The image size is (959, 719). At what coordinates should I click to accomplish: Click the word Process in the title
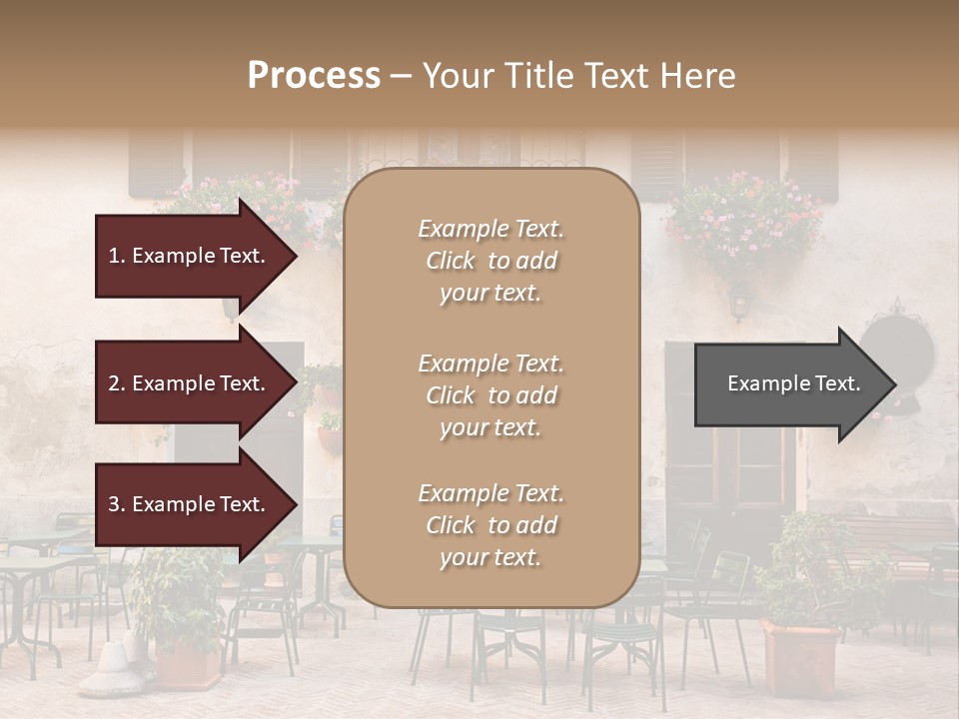pos(314,76)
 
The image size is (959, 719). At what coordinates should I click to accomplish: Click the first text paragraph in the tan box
pos(490,261)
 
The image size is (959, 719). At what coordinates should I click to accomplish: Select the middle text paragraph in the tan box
pos(490,395)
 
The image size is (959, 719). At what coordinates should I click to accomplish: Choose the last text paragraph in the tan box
pos(490,525)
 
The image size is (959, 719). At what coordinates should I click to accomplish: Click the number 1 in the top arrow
pos(114,256)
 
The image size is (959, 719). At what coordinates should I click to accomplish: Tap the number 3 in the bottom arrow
pos(114,505)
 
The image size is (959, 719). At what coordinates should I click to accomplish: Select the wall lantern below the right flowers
pos(739,301)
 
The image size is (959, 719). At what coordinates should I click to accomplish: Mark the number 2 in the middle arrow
pos(114,383)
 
